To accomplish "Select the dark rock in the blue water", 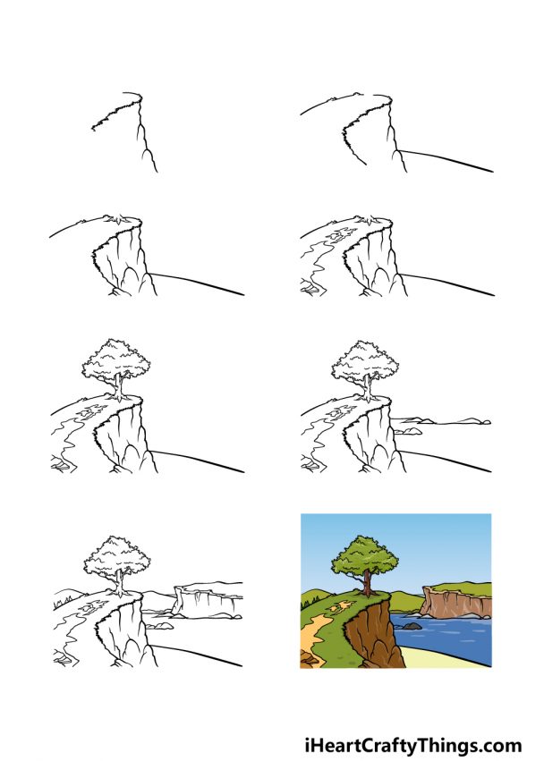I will [x=411, y=626].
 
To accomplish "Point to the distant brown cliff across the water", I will [x=456, y=605].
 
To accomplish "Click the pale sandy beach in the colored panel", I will [x=447, y=657].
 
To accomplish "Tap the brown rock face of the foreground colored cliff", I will [x=362, y=635].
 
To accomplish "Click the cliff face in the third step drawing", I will [x=121, y=259].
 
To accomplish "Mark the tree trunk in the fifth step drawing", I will [x=116, y=386].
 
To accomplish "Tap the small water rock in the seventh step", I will [x=163, y=626].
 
